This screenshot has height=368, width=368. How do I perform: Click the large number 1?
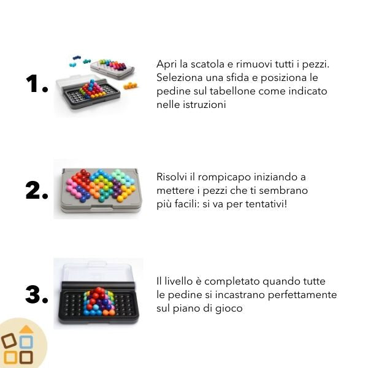click(33, 83)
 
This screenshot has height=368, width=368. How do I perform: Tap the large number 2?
click(33, 191)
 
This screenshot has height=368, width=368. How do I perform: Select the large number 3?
click(33, 294)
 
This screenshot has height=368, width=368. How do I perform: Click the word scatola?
click(207, 64)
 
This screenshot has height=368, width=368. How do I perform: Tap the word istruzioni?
click(204, 105)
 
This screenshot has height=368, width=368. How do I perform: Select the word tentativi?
click(266, 204)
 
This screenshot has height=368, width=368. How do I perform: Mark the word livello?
click(178, 281)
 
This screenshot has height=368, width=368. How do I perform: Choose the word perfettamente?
click(302, 295)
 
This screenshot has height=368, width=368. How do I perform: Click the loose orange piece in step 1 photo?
click(130, 85)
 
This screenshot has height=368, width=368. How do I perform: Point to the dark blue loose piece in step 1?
click(76, 57)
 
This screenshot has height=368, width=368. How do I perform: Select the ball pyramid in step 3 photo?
click(99, 301)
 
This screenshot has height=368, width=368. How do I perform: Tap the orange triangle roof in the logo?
click(26, 329)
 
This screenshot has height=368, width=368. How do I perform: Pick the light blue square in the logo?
click(26, 342)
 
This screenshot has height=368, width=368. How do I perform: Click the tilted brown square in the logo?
click(9, 340)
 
